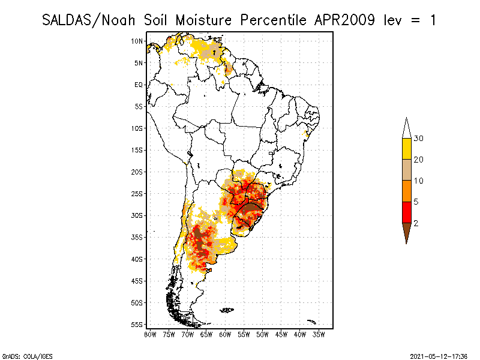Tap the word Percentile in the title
tap(274, 20)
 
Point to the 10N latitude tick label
tap(137, 41)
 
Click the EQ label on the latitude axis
tap(139, 85)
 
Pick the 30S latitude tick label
tap(137, 215)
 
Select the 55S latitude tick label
tap(137, 324)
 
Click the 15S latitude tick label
tap(137, 150)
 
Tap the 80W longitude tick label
tap(149, 334)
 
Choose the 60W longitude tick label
tap(225, 334)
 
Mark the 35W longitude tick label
tap(319, 334)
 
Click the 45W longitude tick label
tap(281, 334)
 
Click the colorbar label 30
tap(419, 139)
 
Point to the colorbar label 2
tap(416, 223)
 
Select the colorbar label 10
tap(419, 181)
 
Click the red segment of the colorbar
tap(406, 212)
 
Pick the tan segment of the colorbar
tap(406, 170)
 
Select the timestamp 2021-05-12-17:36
tap(439, 355)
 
